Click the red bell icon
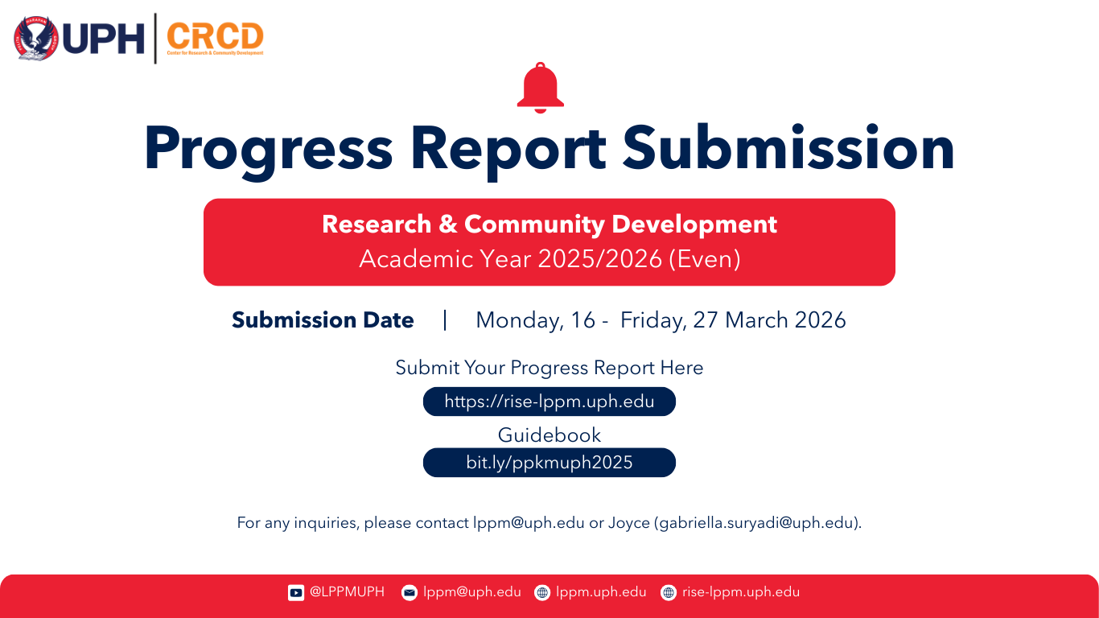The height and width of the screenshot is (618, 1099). click(540, 89)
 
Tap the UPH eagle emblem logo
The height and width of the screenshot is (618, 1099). click(36, 39)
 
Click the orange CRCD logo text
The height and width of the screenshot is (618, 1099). click(215, 36)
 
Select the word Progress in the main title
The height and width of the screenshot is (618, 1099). click(269, 149)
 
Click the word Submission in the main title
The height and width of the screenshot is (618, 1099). click(788, 147)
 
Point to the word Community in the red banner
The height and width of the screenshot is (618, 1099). click(535, 225)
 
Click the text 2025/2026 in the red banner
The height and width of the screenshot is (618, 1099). click(600, 258)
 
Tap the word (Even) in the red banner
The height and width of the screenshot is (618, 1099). click(705, 258)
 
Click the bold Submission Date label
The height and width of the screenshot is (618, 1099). click(323, 319)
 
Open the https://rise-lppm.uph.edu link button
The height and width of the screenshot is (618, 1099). click(549, 402)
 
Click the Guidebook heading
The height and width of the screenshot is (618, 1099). click(549, 435)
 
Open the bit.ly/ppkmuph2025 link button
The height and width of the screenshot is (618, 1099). click(549, 463)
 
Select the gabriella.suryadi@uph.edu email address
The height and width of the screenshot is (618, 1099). click(756, 523)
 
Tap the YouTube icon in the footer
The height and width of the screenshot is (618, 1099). click(296, 592)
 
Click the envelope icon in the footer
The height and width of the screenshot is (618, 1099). click(410, 592)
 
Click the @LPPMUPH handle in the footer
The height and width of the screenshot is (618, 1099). click(347, 592)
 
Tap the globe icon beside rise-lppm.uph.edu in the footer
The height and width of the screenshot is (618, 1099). click(669, 592)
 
